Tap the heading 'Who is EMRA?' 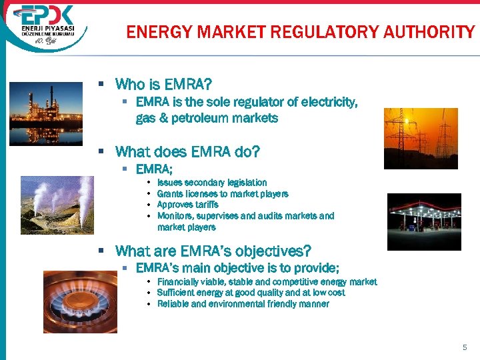pos(163,85)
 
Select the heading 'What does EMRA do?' pos(187,151)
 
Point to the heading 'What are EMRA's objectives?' pos(213,251)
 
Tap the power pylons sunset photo pos(411,138)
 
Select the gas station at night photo pos(424,221)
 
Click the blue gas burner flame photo pos(79,301)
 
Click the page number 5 pos(465,347)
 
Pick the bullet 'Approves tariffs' pos(187,205)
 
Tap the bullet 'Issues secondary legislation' pos(212,183)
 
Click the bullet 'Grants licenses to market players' pos(223,194)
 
